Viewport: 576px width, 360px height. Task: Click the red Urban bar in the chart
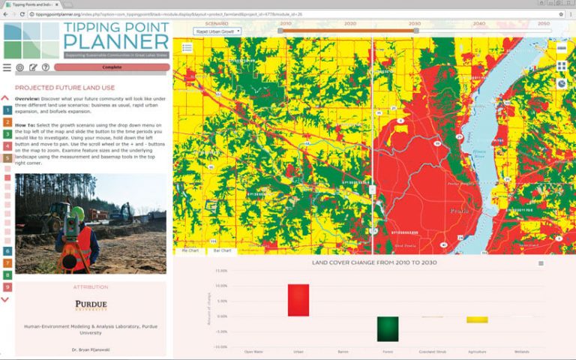point(298,300)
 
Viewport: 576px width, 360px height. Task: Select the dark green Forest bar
point(388,328)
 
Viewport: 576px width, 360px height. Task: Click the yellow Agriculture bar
point(477,319)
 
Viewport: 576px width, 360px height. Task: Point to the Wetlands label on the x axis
point(521,351)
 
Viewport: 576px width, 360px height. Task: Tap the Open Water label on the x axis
point(253,351)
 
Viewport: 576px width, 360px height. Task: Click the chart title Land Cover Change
point(374,262)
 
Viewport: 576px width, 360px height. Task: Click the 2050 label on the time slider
point(544,24)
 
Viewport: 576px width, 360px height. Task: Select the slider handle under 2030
point(414,31)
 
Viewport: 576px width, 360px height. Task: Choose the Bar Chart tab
point(221,250)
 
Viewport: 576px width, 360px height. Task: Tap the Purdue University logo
point(91,305)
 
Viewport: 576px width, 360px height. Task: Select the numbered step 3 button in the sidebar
point(7,134)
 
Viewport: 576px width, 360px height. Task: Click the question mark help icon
point(46,67)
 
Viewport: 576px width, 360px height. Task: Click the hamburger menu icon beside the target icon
point(7,67)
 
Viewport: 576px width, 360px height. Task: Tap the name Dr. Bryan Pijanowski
point(91,350)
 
